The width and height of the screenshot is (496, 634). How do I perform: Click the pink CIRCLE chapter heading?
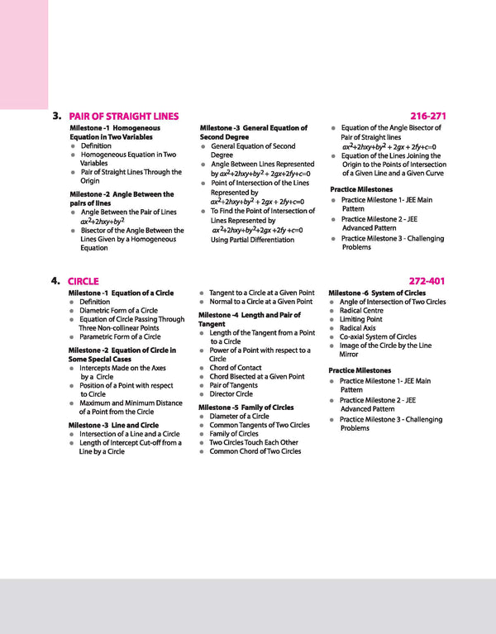pos(83,281)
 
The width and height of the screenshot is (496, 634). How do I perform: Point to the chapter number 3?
pos(56,116)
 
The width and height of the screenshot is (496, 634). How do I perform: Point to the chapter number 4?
pos(55,280)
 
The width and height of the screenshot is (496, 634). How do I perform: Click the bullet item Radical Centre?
pos(361,311)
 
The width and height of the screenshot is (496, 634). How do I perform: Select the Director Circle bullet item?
pos(231,394)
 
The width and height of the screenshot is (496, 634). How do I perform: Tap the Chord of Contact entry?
pos(235,368)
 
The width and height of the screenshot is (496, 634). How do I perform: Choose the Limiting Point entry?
pos(360,320)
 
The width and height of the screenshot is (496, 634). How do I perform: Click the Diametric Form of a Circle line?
pos(118,311)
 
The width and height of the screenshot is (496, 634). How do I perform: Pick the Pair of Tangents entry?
pos(233,385)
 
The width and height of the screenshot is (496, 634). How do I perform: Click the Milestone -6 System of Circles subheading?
pos(377,293)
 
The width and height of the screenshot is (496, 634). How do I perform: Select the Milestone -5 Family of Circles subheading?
pos(246,408)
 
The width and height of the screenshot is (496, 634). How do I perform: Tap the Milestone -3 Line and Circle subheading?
pos(112,425)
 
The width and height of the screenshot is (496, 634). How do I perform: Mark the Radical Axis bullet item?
pos(357,328)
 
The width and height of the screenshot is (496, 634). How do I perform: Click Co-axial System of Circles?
pos(378,337)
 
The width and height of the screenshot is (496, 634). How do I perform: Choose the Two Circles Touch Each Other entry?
pos(254,442)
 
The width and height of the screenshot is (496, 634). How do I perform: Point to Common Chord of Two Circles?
pos(255,451)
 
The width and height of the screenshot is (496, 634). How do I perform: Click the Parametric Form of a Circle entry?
pos(120,336)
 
